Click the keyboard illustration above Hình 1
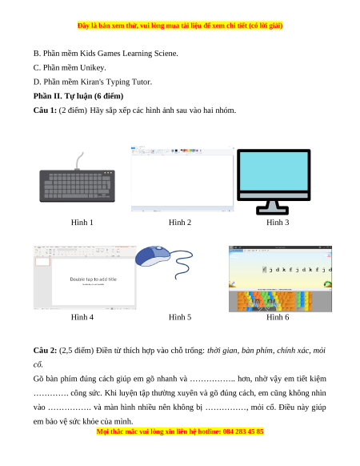(78, 186)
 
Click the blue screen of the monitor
(274, 171)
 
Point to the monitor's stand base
(272, 211)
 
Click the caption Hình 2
(180, 223)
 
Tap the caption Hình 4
(82, 317)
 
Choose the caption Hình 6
(278, 317)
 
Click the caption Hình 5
(180, 317)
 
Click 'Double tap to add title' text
(94, 279)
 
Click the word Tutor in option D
(142, 82)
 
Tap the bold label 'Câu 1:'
(45, 110)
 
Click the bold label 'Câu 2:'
(45, 351)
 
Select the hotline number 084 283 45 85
(243, 432)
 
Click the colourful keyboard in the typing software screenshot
(274, 301)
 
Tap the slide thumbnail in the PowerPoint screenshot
(42, 262)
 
